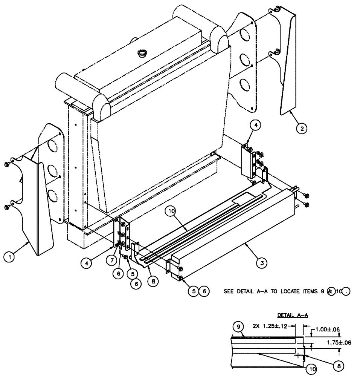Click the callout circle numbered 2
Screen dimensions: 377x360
coord(301,128)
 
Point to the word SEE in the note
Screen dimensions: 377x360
coord(229,291)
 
